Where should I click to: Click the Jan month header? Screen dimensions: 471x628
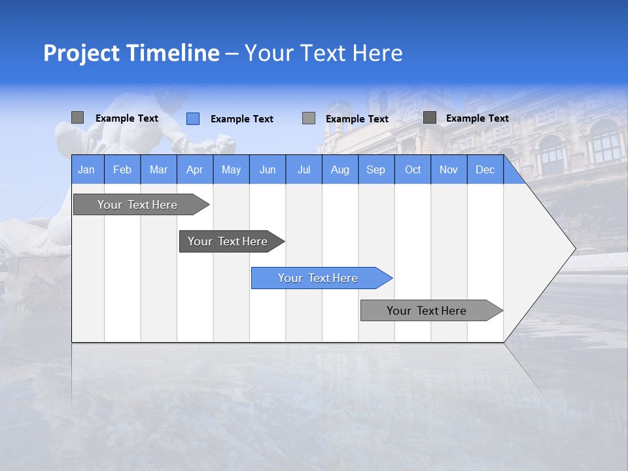point(86,169)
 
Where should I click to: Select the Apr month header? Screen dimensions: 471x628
point(194,169)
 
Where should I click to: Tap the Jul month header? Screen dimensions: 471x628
point(304,169)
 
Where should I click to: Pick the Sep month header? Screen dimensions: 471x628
point(375,169)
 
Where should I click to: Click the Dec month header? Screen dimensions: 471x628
point(485,169)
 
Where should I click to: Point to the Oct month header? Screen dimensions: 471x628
point(413,169)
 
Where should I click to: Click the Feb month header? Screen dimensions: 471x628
point(122,169)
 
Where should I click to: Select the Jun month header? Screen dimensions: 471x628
point(268,169)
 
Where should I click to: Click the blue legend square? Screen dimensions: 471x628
point(193,118)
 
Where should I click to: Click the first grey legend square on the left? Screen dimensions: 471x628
point(78,118)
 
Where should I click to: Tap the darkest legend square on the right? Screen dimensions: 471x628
point(430,118)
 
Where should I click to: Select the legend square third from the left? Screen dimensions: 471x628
point(309,118)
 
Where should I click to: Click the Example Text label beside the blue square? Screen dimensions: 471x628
point(241,118)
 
